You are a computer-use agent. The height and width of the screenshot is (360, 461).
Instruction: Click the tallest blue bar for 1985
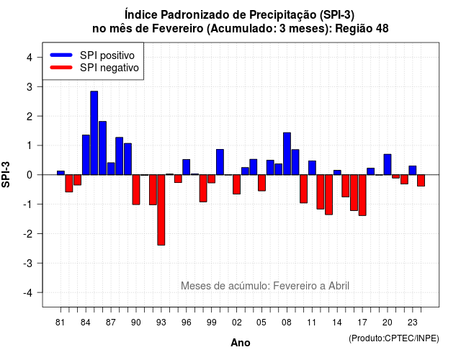click(x=94, y=132)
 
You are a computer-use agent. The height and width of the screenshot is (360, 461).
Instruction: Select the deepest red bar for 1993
click(x=161, y=210)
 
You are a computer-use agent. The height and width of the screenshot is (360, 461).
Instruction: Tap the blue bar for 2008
click(x=287, y=153)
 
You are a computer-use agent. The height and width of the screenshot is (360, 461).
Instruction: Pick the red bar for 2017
click(x=362, y=195)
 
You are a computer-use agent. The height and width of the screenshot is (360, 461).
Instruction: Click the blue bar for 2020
click(x=388, y=165)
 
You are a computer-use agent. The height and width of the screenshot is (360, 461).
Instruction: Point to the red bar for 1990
click(x=136, y=189)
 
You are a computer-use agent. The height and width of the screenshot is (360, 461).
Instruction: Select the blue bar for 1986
click(x=102, y=148)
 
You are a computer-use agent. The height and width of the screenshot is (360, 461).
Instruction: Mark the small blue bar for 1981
click(x=61, y=173)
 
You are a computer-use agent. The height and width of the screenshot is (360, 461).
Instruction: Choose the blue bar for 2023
click(x=413, y=171)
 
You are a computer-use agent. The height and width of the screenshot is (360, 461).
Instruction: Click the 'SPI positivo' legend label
click(x=107, y=55)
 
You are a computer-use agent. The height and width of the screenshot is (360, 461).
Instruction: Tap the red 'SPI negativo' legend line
click(x=61, y=67)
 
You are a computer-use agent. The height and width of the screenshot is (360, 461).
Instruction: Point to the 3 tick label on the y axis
click(x=30, y=87)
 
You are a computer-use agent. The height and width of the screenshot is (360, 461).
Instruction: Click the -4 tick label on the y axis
click(x=28, y=293)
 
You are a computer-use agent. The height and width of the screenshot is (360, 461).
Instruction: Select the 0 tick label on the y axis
click(x=30, y=175)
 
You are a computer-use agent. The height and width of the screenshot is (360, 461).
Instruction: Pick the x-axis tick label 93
click(x=161, y=323)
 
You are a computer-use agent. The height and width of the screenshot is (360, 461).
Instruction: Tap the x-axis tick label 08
click(x=287, y=323)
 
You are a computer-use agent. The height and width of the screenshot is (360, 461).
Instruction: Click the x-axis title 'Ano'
click(x=241, y=343)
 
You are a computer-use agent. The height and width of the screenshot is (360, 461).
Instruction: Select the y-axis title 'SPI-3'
click(x=6, y=175)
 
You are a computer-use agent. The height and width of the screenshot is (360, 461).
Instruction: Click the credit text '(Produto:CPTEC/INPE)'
click(x=394, y=338)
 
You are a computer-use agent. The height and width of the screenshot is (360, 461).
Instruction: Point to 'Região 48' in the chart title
click(x=362, y=29)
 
